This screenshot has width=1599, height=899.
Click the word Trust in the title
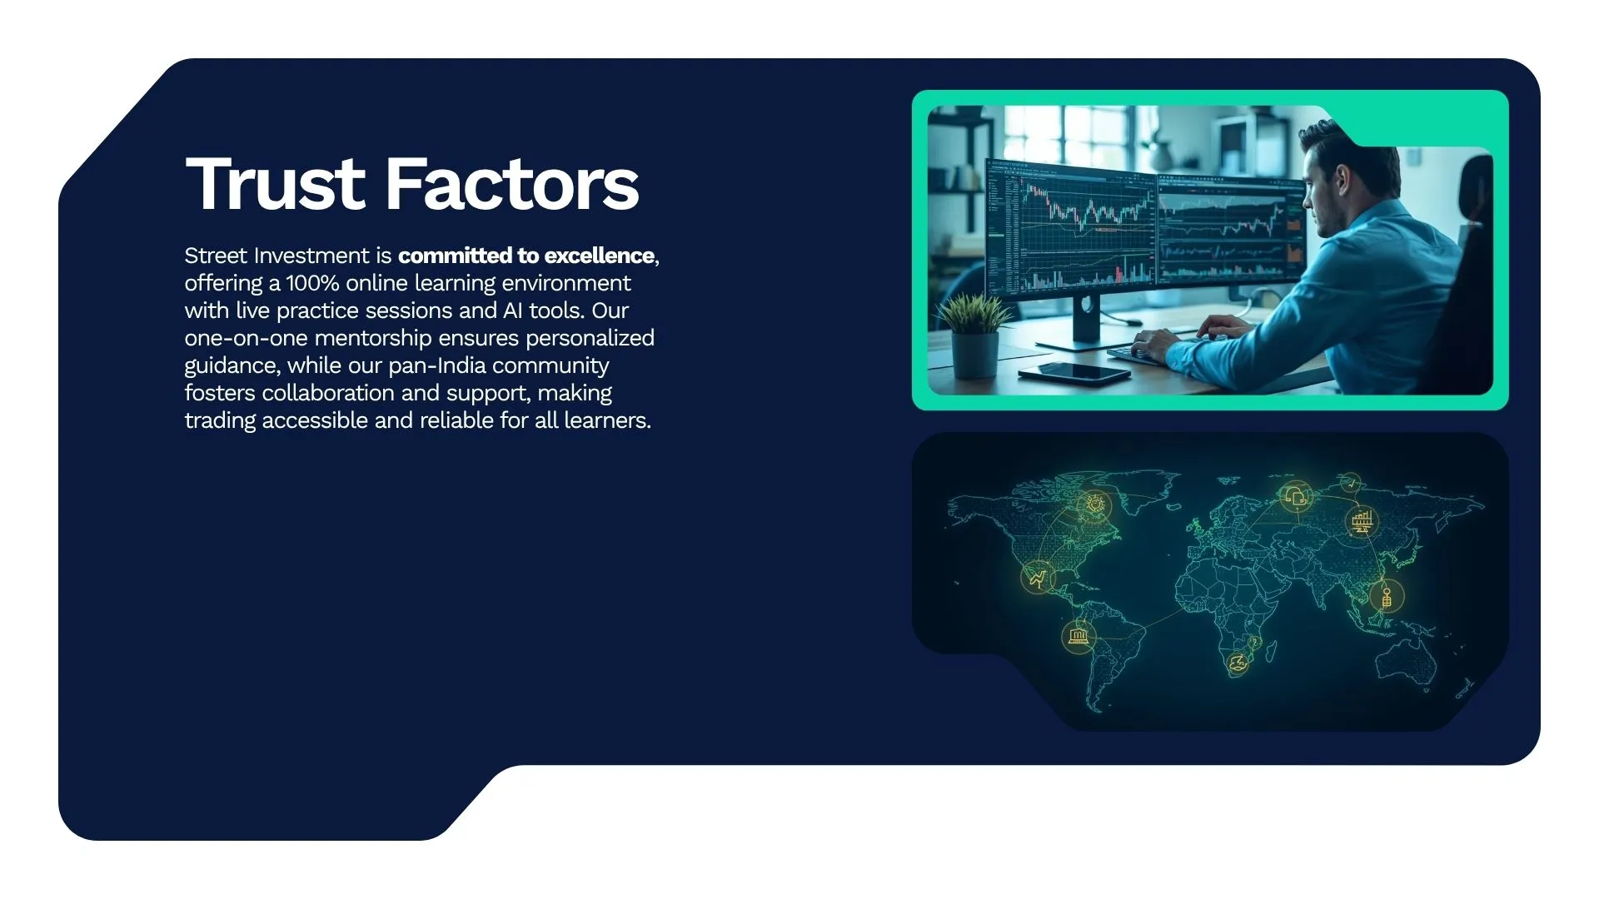click(276, 184)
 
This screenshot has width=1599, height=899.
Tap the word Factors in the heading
click(512, 184)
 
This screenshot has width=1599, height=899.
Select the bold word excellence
click(599, 256)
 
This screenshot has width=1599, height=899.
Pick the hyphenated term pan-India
click(438, 365)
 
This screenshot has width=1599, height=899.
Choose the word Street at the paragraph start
click(215, 256)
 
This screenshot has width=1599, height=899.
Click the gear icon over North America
click(1094, 504)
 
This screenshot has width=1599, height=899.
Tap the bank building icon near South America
click(1078, 637)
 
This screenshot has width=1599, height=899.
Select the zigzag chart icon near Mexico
click(1038, 577)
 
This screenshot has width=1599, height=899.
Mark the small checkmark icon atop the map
click(1351, 483)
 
